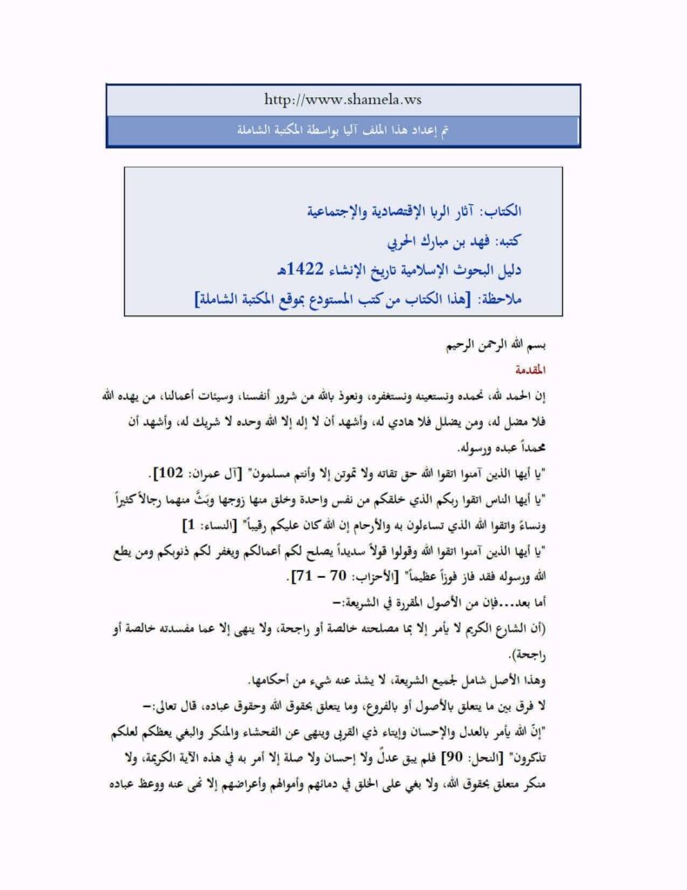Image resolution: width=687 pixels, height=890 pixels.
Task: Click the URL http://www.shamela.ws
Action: (344, 101)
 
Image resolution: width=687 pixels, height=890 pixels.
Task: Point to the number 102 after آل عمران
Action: (164, 473)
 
